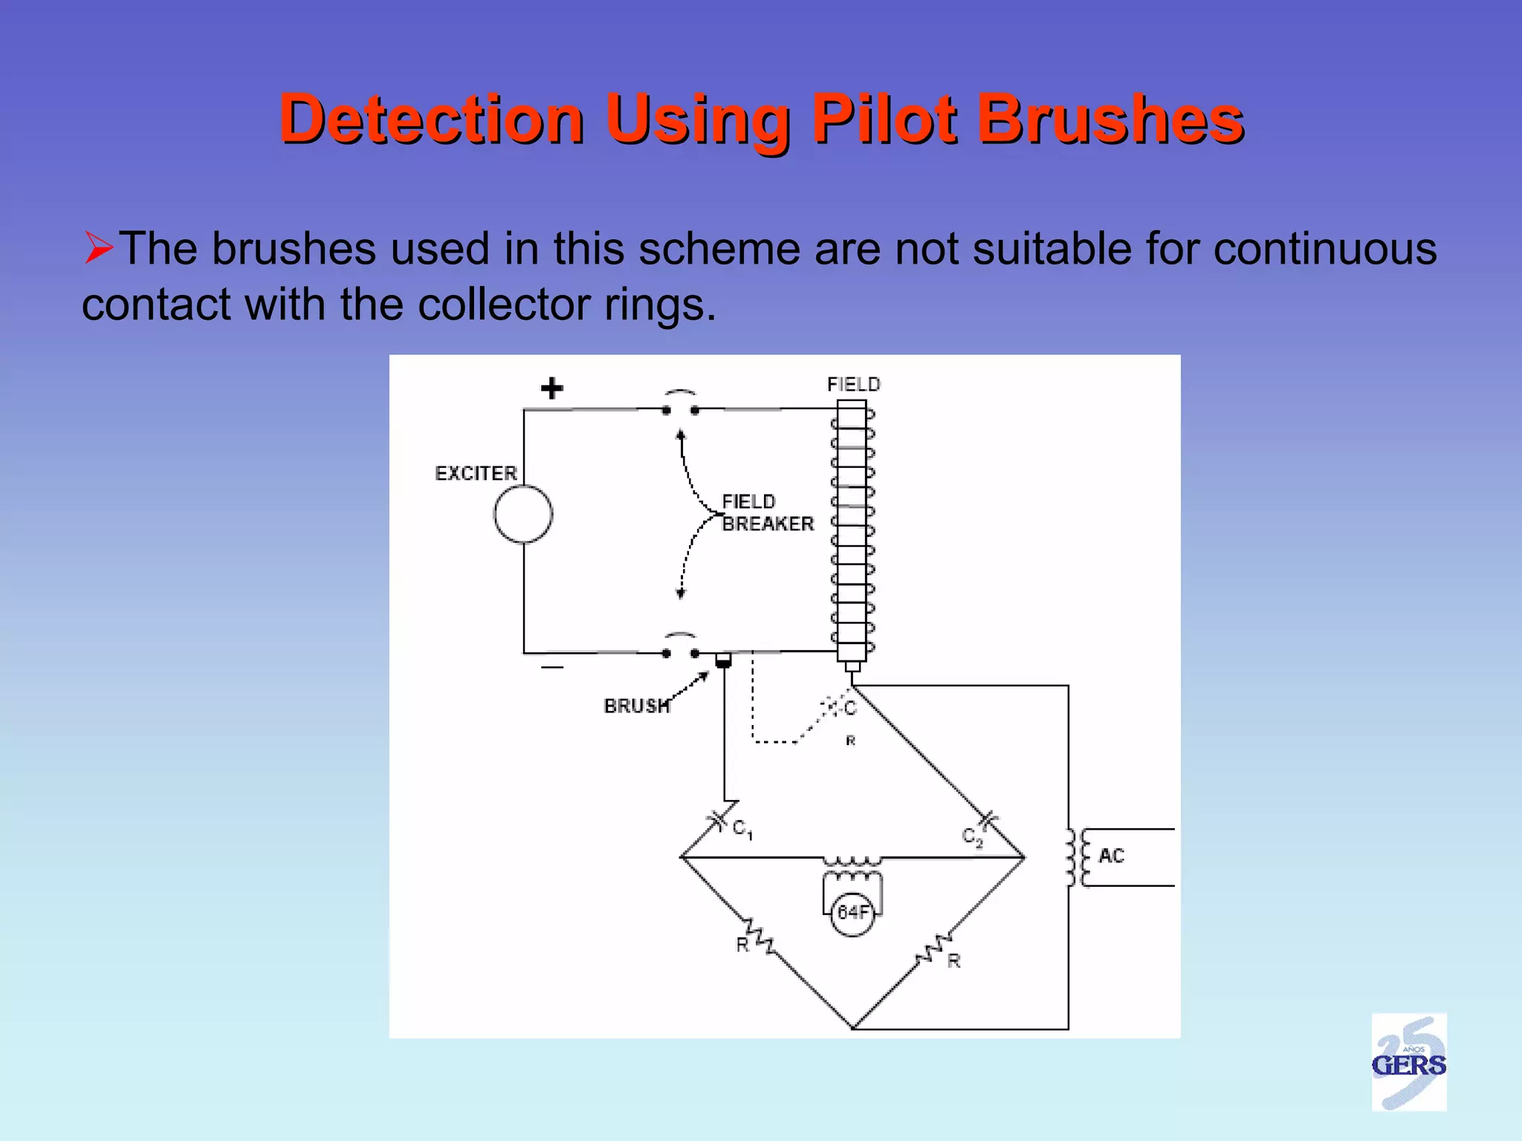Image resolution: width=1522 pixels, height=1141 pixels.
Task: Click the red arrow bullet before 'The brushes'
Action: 98,247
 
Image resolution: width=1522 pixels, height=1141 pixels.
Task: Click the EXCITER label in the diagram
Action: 476,473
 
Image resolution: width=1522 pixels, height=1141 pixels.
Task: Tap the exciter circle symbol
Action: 523,514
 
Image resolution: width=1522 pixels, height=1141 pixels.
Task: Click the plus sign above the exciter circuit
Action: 551,388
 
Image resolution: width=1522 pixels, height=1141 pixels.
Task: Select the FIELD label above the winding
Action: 853,384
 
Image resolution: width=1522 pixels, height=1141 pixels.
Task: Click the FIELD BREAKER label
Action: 767,513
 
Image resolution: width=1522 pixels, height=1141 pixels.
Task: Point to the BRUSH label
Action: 637,706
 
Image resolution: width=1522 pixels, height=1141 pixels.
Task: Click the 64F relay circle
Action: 852,912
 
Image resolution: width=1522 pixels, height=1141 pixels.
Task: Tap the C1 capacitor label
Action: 742,828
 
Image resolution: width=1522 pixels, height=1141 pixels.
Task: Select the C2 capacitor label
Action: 972,837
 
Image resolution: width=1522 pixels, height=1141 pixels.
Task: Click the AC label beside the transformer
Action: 1111,856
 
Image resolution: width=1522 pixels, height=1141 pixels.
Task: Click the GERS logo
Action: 1408,1063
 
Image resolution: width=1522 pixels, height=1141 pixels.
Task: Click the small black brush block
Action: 723,660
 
